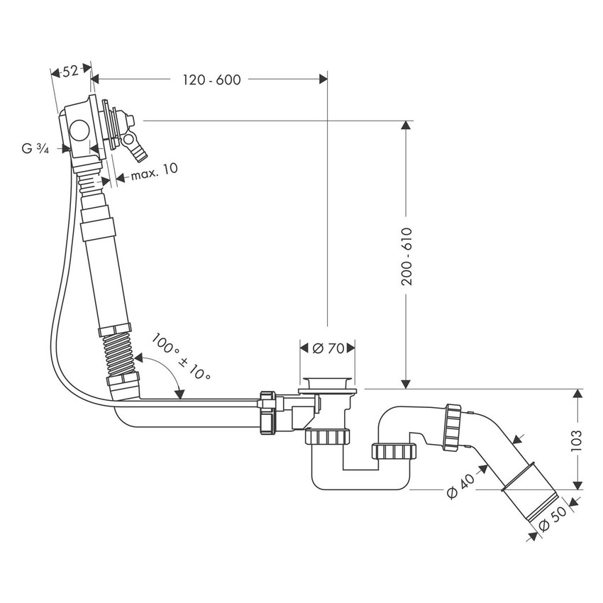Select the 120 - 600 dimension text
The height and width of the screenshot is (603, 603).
pos(211,79)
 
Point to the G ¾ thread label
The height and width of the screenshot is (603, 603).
pos(35,149)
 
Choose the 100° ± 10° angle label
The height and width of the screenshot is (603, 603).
pos(182,358)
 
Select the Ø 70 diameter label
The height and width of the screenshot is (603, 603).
pos(326,348)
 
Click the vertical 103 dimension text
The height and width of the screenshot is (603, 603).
pos(576,440)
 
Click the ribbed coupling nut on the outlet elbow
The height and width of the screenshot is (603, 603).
pos(452,427)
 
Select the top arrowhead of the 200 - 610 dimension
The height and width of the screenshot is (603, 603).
pos(406,126)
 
